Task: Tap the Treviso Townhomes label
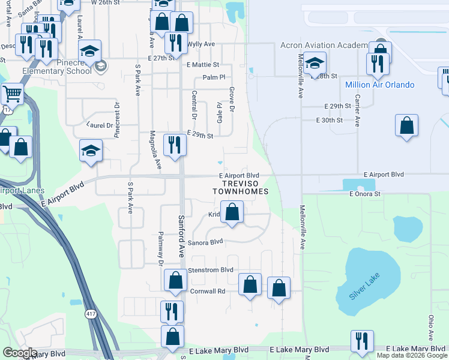point(239,187)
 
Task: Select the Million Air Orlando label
point(379,85)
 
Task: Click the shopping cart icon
point(11,94)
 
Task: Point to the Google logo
point(19,353)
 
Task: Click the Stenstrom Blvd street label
point(210,271)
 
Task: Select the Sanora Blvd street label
point(205,242)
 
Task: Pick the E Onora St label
point(365,194)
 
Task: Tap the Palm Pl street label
point(214,77)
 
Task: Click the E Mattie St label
point(203,64)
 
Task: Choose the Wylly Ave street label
point(200,44)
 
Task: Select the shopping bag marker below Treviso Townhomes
point(232,212)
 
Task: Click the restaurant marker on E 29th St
point(175,145)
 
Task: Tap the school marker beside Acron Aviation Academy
point(315,63)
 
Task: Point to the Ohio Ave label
point(431,328)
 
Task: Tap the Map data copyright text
point(412,355)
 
